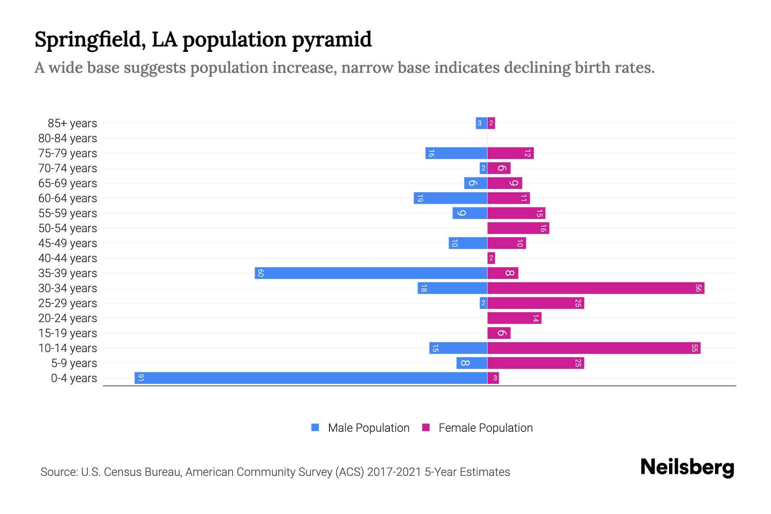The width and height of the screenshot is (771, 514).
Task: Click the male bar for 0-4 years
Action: (311, 378)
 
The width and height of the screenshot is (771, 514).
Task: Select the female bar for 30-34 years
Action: (595, 288)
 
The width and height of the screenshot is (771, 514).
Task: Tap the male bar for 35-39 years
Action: (371, 273)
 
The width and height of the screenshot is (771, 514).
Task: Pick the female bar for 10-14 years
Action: (594, 348)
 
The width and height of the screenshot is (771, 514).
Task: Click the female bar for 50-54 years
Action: (518, 228)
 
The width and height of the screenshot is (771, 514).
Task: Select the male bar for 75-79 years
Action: (456, 153)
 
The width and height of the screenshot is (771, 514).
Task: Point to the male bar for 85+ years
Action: (481, 123)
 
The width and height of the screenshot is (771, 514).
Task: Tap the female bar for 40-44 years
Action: (491, 258)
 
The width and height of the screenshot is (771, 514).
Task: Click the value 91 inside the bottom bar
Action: (140, 378)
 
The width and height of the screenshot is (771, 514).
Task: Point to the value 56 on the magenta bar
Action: (698, 288)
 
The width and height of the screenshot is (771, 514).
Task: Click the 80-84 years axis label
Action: (68, 138)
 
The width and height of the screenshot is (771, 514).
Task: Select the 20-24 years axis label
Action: (68, 318)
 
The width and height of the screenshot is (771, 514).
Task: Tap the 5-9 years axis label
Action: (74, 363)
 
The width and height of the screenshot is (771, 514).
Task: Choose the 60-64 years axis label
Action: (68, 198)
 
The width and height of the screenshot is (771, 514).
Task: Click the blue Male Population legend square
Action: (315, 427)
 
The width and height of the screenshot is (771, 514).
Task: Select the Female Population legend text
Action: (485, 427)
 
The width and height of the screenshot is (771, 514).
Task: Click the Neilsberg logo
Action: (687, 467)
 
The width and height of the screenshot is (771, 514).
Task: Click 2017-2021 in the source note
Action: (394, 472)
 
